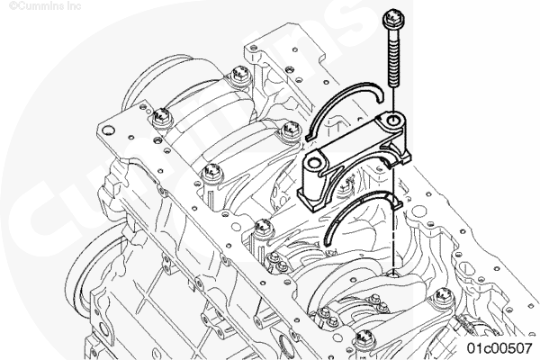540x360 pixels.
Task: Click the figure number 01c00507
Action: (499, 348)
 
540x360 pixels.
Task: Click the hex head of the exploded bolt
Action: (393, 20)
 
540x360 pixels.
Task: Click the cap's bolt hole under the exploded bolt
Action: (392, 121)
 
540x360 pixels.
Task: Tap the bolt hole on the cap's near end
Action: (314, 163)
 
